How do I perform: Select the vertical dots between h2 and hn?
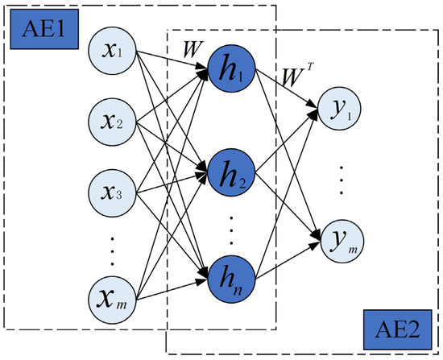(x=231, y=228)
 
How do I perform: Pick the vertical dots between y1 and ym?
(x=342, y=176)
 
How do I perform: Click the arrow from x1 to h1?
(x=173, y=64)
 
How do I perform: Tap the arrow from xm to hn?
(x=173, y=292)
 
